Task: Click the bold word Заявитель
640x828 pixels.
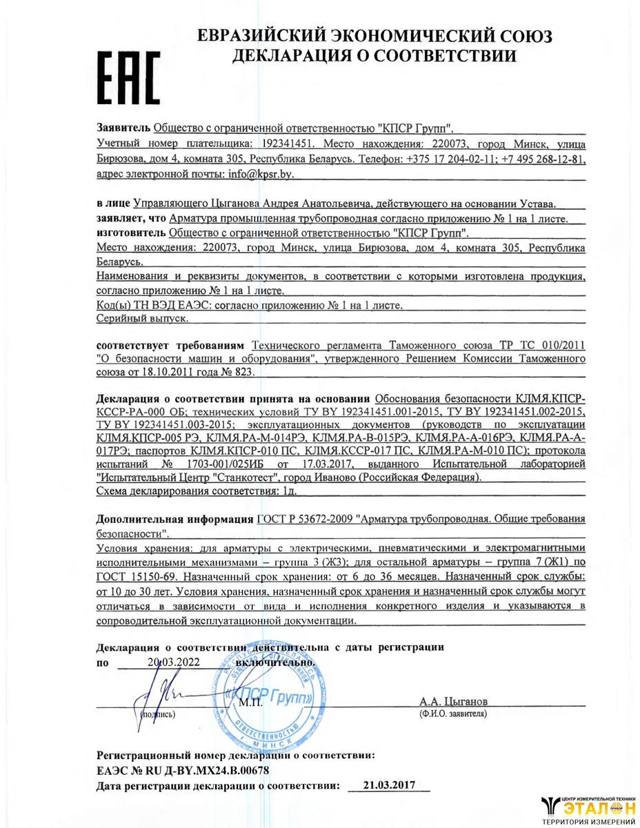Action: click(x=122, y=129)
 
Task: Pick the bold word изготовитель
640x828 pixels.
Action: click(x=130, y=233)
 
